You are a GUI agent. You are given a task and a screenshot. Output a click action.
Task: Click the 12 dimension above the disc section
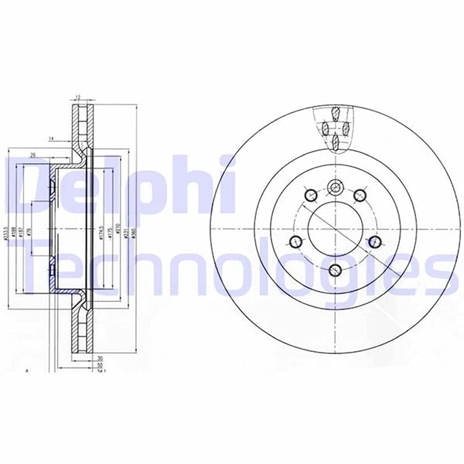[78, 97]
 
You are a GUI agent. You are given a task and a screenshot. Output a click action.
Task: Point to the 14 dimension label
[51, 138]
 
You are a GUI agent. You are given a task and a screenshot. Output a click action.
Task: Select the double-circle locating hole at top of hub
[335, 187]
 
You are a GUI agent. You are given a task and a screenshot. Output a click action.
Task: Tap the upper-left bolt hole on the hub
[311, 194]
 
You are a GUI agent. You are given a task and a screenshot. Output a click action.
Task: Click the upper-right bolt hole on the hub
[359, 194]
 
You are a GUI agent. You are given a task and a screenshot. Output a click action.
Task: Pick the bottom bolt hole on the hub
[335, 269]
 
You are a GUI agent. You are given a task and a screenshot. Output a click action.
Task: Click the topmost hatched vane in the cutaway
[335, 114]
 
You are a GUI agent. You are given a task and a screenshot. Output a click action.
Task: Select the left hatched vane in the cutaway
[325, 128]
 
